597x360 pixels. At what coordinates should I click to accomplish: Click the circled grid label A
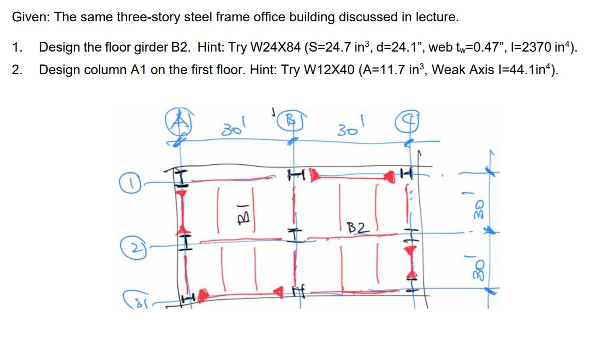(x=178, y=120)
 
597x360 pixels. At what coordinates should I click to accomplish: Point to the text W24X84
(x=276, y=48)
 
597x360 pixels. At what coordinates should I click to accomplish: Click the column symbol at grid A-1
(x=182, y=177)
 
